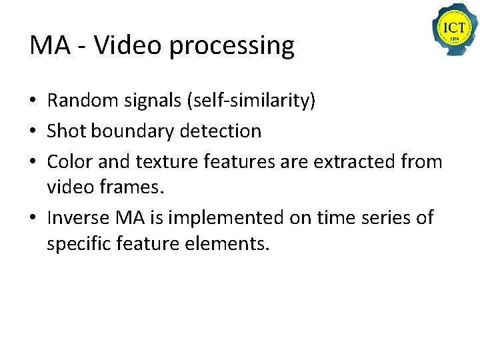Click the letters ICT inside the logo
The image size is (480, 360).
(454, 27)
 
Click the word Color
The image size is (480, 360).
(69, 161)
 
